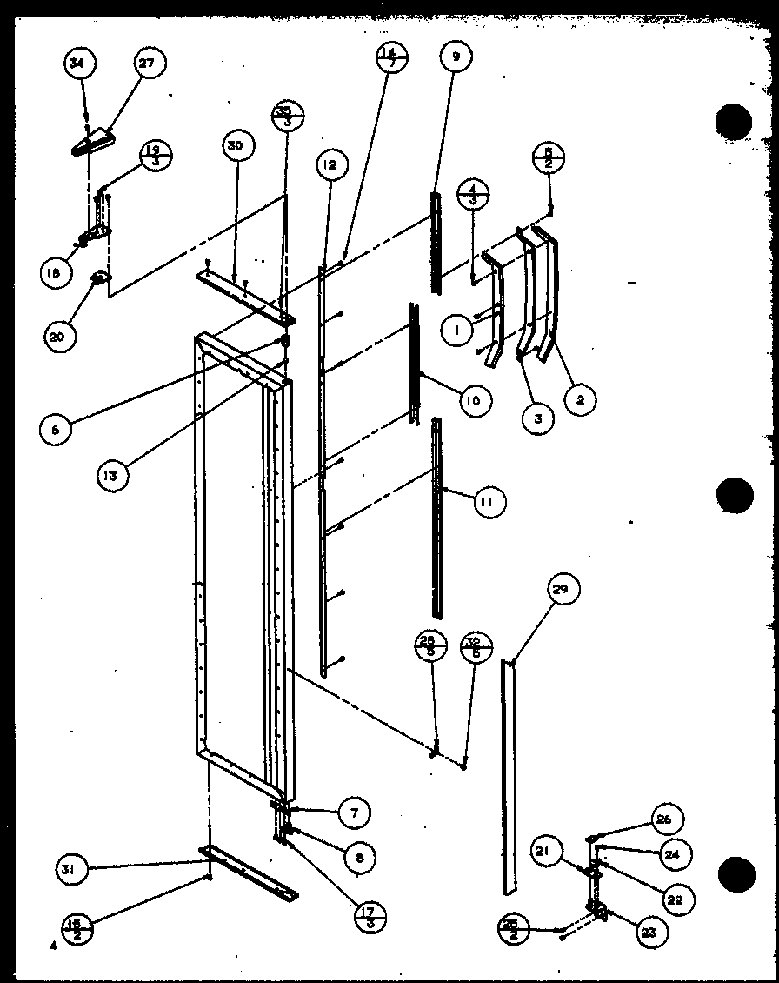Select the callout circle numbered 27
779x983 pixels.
tap(150, 64)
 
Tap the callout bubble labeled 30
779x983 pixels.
tap(234, 146)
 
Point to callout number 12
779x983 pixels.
tap(331, 164)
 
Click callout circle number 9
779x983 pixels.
tap(455, 58)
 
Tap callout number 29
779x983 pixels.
tap(562, 591)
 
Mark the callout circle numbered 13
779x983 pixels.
tap(114, 475)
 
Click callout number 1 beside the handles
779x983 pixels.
tap(456, 330)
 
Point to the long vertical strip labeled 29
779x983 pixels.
tap(508, 774)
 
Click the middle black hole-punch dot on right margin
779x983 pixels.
tap(734, 496)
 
